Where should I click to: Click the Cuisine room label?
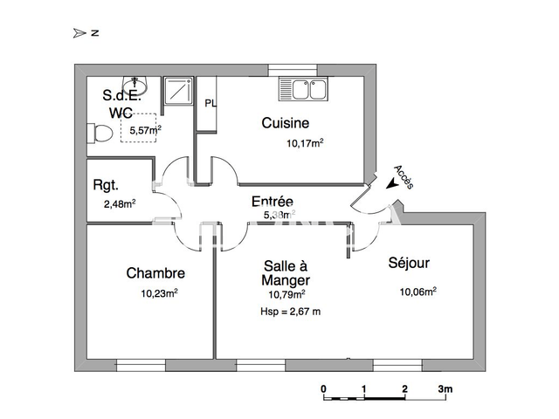285,123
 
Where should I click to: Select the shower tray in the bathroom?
180,91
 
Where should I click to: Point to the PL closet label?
210,103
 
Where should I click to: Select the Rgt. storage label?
107,185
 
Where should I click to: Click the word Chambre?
155,273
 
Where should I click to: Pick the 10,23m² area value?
159,293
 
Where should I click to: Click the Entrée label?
272,202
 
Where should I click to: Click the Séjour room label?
409,262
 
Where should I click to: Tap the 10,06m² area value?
418,292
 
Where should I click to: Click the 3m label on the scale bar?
445,388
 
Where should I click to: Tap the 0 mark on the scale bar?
323,388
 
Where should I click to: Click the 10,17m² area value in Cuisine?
306,143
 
